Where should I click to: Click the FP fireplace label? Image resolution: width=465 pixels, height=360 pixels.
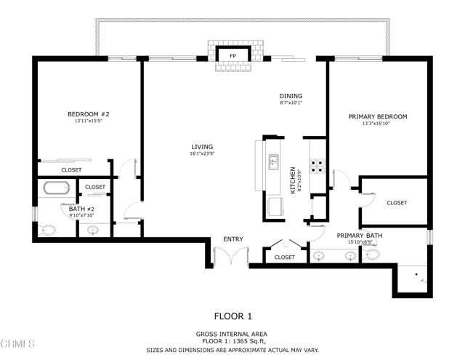(233, 56)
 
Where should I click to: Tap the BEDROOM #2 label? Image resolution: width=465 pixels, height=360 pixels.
(88, 115)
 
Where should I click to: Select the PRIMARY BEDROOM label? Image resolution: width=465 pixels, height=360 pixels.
(377, 116)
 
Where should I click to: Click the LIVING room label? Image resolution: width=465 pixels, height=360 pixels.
(202, 145)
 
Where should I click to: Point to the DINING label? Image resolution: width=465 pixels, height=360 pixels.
(291, 96)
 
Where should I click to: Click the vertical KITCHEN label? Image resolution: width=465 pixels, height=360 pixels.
(294, 180)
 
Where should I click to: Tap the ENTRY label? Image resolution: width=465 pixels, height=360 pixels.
(233, 239)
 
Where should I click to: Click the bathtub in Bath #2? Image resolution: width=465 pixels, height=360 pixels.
(56, 188)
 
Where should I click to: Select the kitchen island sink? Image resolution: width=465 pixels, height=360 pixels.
(274, 161)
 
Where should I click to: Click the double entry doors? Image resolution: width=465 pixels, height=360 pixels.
(232, 257)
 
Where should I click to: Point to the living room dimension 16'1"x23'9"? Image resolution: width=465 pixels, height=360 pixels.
(202, 153)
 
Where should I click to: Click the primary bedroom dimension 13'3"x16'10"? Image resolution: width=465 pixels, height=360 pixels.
(377, 124)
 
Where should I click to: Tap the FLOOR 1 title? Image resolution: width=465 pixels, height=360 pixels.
(232, 316)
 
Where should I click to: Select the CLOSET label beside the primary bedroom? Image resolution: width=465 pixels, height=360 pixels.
(396, 203)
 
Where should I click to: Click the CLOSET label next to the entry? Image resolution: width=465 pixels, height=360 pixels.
(285, 257)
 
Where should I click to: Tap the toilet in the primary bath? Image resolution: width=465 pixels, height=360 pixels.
(373, 256)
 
